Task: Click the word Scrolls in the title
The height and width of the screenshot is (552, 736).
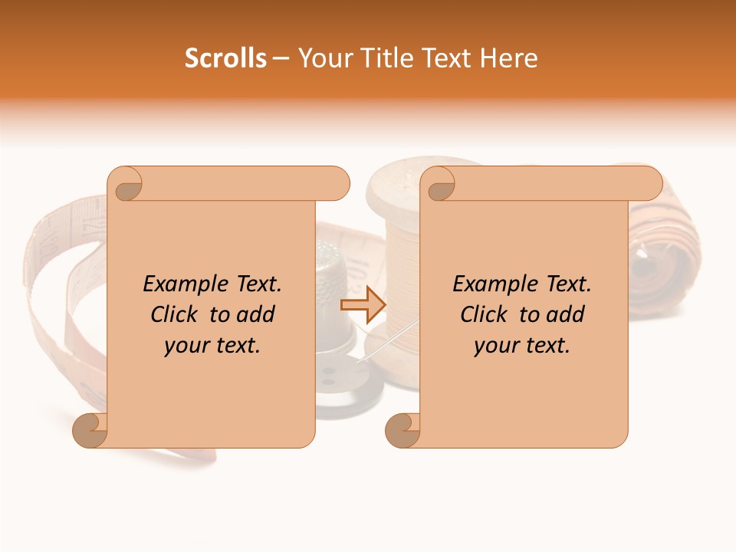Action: click(226, 58)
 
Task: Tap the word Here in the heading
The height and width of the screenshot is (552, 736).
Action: click(508, 58)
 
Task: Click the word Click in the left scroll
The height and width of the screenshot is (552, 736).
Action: click(176, 315)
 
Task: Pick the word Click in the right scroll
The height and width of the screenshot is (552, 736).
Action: click(485, 315)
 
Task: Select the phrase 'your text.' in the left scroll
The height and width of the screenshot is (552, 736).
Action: click(212, 346)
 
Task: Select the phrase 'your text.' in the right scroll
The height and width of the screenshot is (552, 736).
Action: click(522, 346)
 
